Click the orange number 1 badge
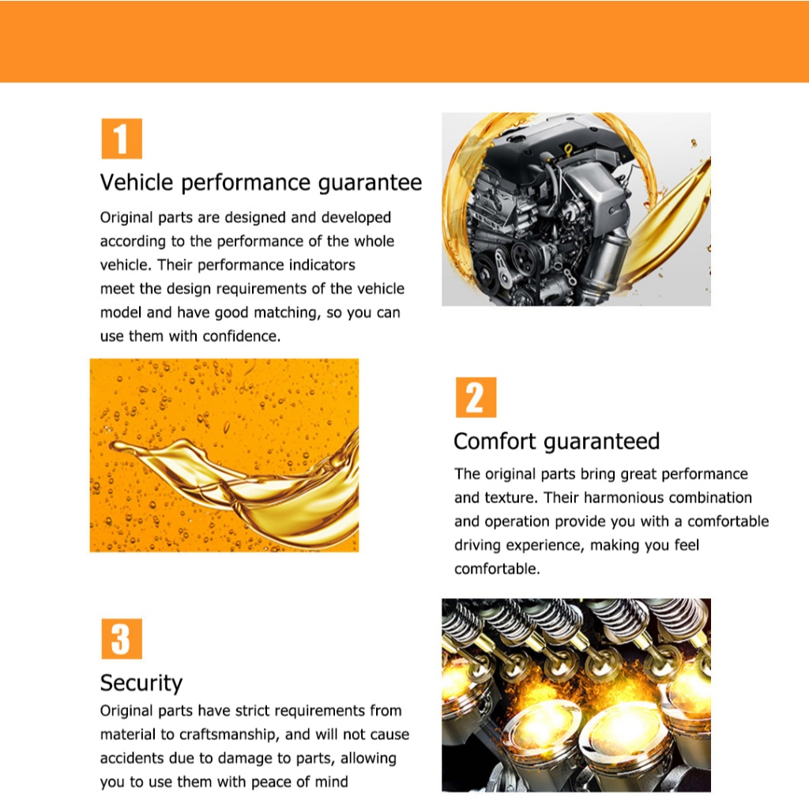pyautogui.click(x=122, y=139)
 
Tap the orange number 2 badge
pyautogui.click(x=476, y=397)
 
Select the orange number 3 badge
pyautogui.click(x=122, y=638)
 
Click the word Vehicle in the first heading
pyautogui.click(x=137, y=182)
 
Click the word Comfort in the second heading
pyautogui.click(x=495, y=442)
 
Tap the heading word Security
pyautogui.click(x=141, y=683)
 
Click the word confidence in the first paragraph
pyautogui.click(x=242, y=337)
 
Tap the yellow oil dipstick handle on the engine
pyautogui.click(x=568, y=151)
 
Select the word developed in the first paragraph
pyautogui.click(x=356, y=218)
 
